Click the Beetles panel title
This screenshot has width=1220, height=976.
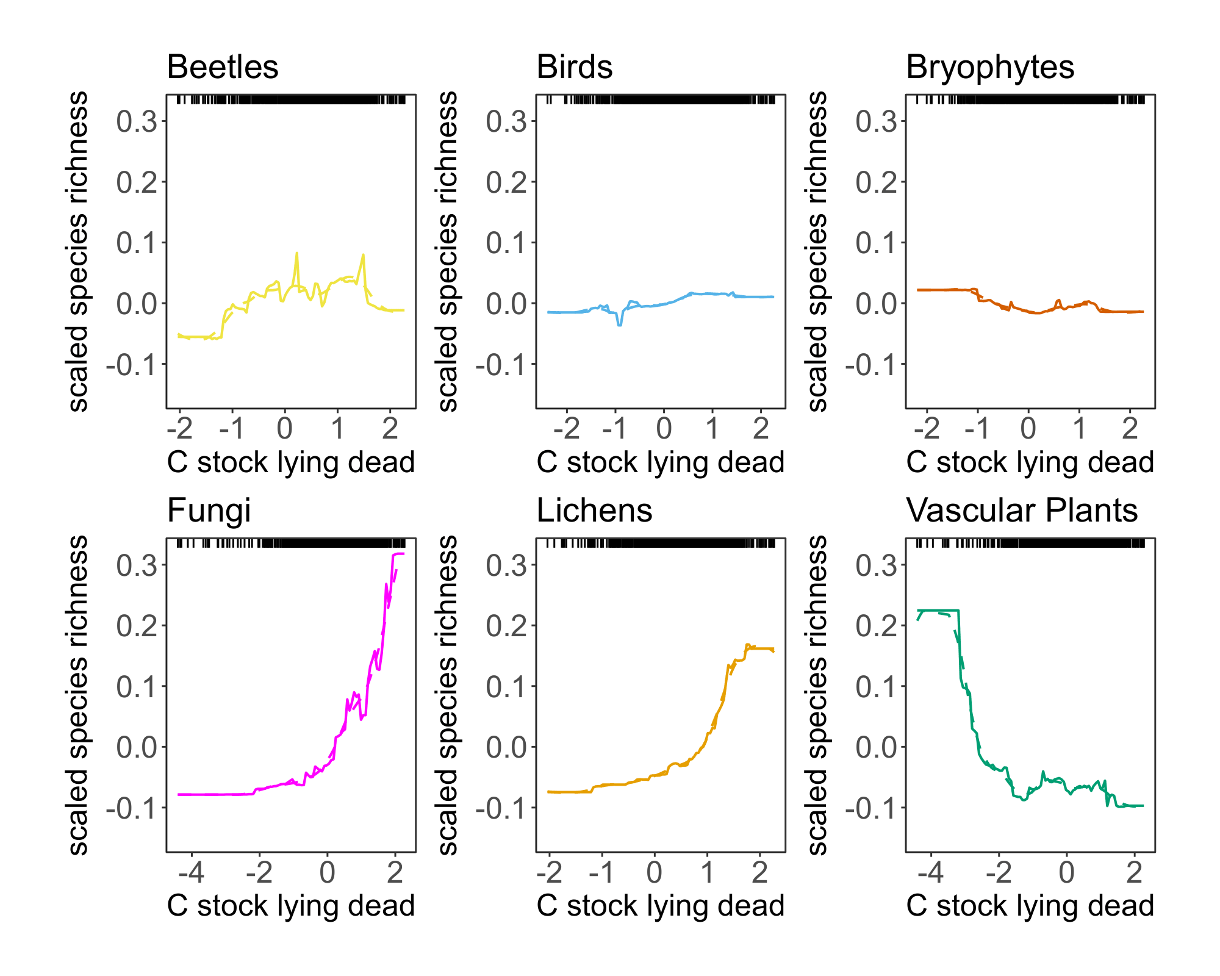tap(223, 67)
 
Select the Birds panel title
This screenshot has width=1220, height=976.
tap(574, 67)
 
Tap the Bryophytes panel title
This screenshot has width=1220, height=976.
tap(989, 67)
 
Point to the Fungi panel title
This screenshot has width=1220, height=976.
tap(209, 511)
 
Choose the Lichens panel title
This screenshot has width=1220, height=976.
tap(594, 511)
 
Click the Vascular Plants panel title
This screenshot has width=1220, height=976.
tap(1022, 511)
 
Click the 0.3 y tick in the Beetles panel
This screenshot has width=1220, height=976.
tap(137, 121)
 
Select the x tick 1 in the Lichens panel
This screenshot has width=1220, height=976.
tap(707, 873)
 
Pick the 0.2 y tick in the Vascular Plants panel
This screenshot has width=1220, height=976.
tap(876, 626)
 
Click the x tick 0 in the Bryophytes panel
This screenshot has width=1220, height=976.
tap(1028, 429)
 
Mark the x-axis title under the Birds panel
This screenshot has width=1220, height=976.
tap(660, 462)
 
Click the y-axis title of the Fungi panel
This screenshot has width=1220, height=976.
tap(77, 695)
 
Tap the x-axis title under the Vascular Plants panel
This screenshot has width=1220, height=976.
tap(1030, 906)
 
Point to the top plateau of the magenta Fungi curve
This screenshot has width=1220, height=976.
tap(398, 554)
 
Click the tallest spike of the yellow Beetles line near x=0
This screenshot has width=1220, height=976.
tap(296, 254)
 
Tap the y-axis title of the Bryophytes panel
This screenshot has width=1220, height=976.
tap(817, 251)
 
